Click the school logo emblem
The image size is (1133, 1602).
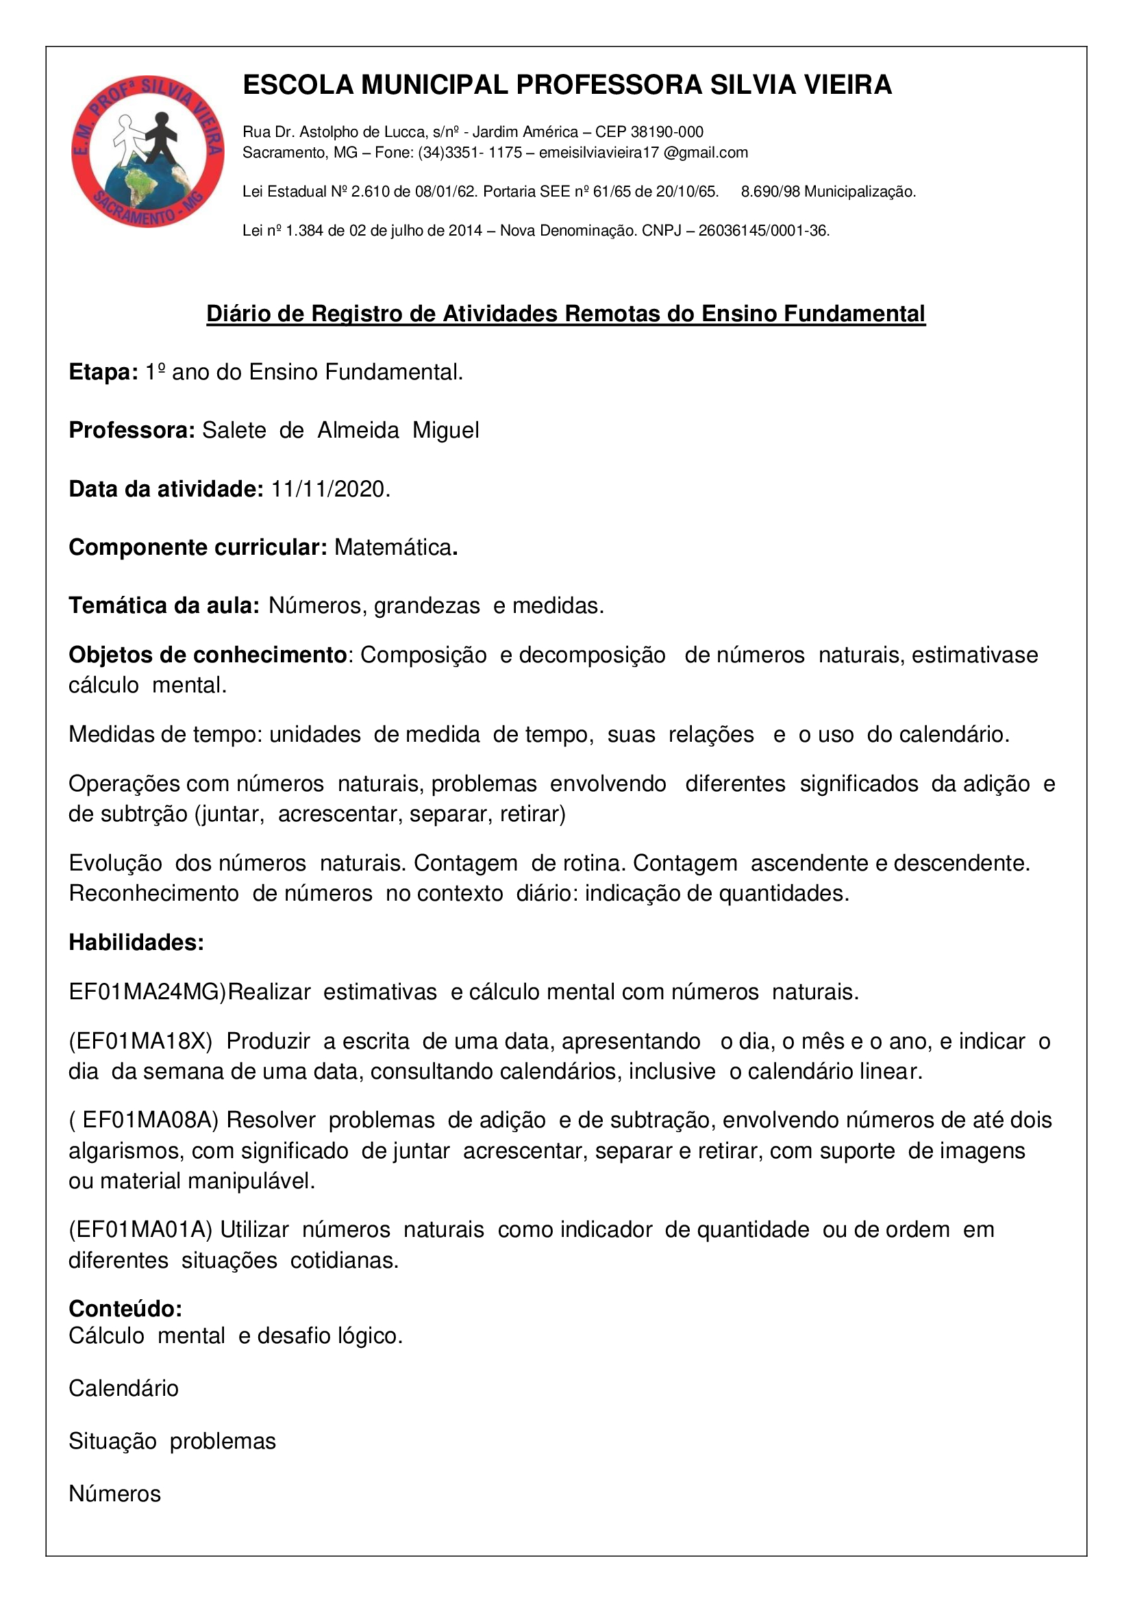(147, 151)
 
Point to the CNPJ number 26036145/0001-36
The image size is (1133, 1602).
(763, 231)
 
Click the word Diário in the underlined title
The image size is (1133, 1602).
(238, 314)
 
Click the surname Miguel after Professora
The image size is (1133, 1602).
(445, 431)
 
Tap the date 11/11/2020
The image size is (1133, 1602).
(330, 489)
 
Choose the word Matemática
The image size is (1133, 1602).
(393, 548)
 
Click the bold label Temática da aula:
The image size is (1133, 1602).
(164, 605)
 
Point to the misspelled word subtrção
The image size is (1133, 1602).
(144, 814)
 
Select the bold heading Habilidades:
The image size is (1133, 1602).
(136, 942)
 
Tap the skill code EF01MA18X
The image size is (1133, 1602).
(140, 1042)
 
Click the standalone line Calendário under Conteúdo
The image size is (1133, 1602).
(123, 1388)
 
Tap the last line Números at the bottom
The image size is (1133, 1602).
(114, 1494)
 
